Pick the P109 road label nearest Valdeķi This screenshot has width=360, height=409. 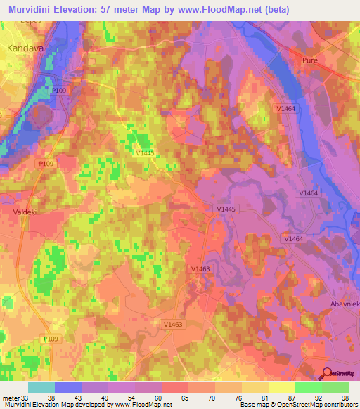coord(46,163)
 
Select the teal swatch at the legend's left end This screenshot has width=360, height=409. coord(41,387)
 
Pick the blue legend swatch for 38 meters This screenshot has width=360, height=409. coord(68,387)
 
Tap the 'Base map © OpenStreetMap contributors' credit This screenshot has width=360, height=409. coord(297,404)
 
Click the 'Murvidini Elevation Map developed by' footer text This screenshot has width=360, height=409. coord(56,404)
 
